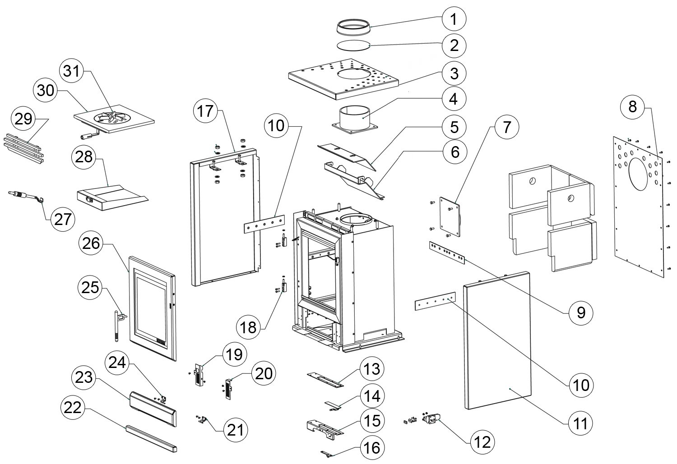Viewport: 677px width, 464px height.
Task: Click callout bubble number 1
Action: click(454, 19)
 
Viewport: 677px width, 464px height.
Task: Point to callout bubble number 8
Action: click(632, 107)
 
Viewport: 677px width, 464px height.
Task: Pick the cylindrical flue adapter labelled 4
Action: click(355, 119)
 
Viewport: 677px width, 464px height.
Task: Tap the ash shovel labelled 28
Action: click(112, 198)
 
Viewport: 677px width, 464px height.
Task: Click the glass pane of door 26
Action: click(151, 308)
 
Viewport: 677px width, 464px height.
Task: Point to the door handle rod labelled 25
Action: click(118, 326)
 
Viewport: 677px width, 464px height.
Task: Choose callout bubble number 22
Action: click(73, 408)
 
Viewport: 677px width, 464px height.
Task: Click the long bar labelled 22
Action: click(151, 438)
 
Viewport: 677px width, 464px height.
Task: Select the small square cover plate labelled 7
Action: click(450, 217)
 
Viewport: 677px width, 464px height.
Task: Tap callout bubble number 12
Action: click(482, 442)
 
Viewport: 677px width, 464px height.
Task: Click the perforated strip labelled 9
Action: click(447, 253)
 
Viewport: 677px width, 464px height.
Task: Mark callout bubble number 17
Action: click(205, 111)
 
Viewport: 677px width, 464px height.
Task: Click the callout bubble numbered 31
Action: click(72, 71)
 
